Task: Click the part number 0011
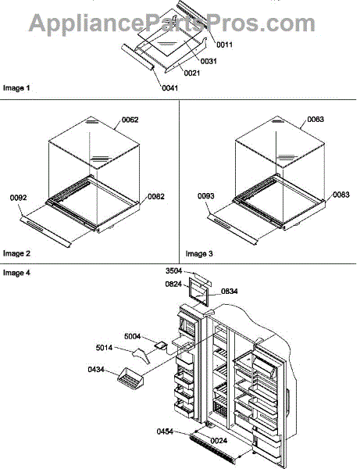click(224, 45)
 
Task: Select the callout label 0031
click(209, 61)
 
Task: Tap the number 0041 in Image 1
click(169, 88)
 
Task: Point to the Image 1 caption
click(16, 88)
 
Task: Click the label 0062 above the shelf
click(130, 120)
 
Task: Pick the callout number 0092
click(18, 198)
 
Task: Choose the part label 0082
click(156, 196)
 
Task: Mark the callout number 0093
click(206, 196)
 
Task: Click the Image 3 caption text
click(199, 254)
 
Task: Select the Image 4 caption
click(16, 273)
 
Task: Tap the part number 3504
click(173, 270)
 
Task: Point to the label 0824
click(173, 284)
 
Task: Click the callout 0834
click(230, 292)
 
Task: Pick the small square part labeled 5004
click(160, 345)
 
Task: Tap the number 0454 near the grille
click(165, 431)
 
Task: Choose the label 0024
click(219, 441)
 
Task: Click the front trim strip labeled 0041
click(137, 57)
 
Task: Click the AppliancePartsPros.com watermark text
click(172, 23)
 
